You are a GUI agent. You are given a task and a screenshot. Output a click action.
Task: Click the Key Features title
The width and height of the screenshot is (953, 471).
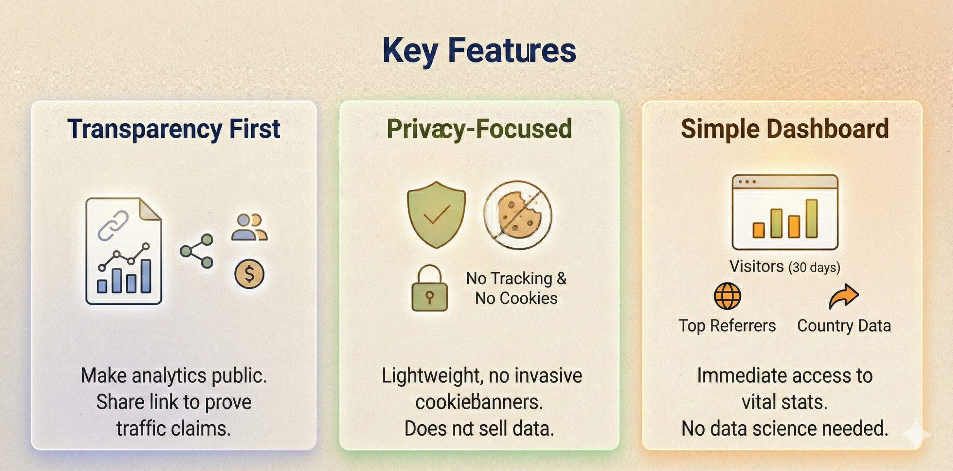point(479,51)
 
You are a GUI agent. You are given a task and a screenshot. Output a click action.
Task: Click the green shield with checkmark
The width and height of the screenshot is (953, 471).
point(436,215)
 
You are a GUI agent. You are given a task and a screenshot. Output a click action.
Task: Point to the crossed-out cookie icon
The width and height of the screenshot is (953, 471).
point(517,215)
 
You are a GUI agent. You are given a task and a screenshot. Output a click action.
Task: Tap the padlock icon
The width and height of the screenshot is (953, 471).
point(429,289)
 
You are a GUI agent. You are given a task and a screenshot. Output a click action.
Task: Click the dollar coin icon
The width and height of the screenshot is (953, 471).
point(249,274)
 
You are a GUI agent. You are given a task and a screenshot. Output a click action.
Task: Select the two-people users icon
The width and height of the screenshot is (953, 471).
point(249,227)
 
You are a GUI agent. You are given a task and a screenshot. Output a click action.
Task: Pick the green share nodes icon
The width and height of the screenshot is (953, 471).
point(197,251)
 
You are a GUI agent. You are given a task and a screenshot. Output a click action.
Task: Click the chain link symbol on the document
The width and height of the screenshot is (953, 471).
point(113,225)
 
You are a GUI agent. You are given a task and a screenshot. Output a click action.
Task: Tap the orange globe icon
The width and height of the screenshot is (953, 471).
point(727,296)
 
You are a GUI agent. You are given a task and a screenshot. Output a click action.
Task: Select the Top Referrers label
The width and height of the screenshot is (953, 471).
point(727,326)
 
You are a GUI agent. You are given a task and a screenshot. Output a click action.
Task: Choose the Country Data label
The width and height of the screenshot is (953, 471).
point(844,326)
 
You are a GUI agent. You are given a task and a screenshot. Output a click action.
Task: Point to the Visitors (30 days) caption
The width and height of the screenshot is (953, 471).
point(785,267)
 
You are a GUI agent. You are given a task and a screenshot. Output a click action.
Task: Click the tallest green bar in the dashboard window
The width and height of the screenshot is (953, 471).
point(811,218)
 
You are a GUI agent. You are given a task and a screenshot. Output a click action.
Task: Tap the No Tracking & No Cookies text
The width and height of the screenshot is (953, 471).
point(516,288)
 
